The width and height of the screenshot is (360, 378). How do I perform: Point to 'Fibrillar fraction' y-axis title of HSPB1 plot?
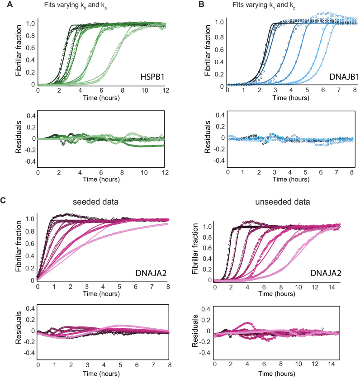(18, 53)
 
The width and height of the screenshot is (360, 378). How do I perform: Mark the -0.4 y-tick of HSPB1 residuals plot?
(28, 161)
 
